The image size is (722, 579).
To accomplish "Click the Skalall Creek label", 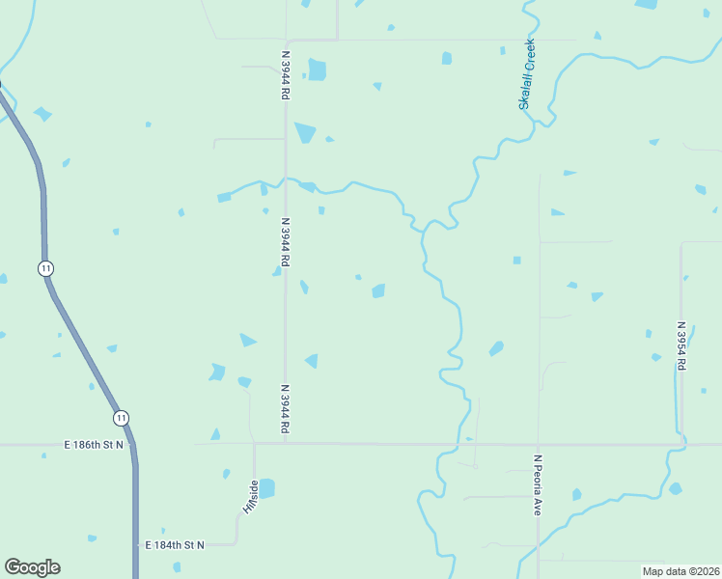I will [528, 74].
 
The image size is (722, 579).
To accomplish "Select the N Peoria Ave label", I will [538, 484].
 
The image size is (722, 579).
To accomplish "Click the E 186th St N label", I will [100, 445].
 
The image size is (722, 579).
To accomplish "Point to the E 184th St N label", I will [175, 545].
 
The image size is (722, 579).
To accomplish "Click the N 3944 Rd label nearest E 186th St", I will [286, 408].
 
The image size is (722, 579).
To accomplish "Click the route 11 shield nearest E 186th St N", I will [120, 418].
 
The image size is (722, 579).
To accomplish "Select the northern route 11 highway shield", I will [45, 267].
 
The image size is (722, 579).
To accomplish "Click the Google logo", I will [32, 567].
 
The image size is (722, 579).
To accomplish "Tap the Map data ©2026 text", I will [680, 571].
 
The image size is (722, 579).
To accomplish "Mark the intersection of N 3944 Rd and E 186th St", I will [286, 444].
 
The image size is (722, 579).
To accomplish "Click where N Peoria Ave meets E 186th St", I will [539, 445].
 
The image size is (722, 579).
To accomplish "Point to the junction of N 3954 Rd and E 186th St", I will [680, 445].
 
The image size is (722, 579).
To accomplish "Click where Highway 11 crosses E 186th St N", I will [134, 445].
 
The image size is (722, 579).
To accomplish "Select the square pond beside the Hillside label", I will [266, 488].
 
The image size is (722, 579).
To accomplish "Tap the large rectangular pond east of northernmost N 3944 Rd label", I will [317, 70].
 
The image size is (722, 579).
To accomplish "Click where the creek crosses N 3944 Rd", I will [285, 179].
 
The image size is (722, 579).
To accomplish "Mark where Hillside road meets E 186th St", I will [254, 444].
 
